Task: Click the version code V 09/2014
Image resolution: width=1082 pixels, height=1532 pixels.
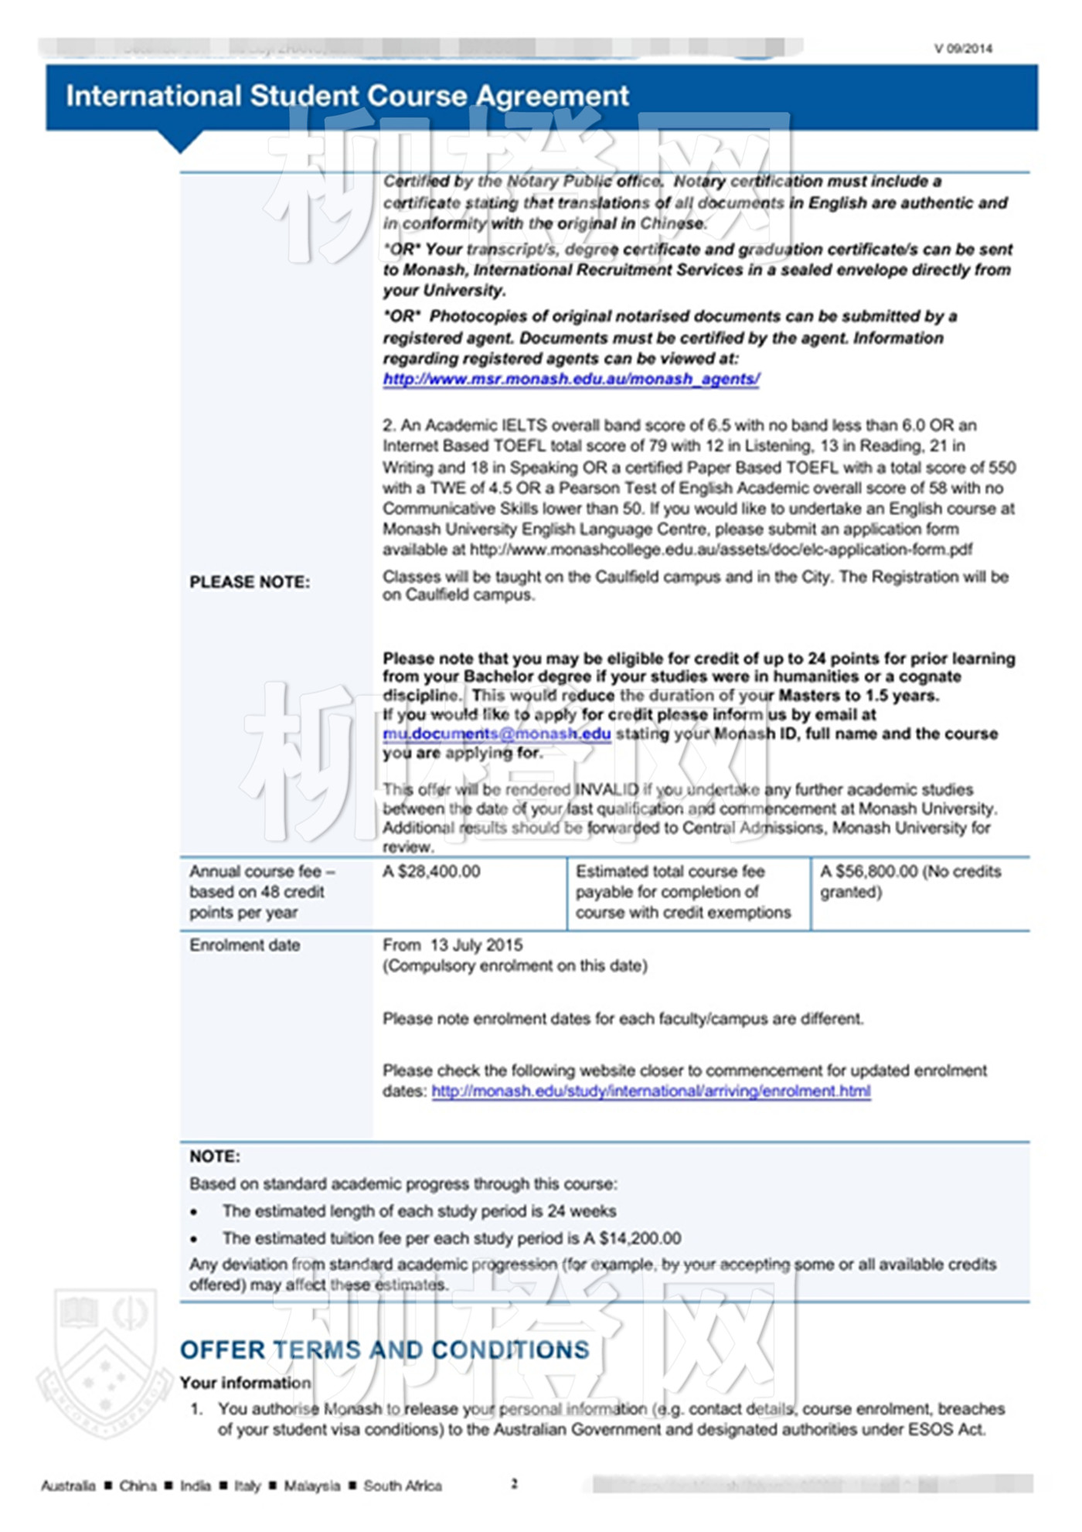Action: (962, 49)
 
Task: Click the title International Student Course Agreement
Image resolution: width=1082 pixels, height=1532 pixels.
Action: (347, 96)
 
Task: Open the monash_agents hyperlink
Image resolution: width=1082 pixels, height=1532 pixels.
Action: (571, 380)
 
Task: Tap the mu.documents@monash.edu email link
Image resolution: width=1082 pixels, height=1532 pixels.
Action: (496, 734)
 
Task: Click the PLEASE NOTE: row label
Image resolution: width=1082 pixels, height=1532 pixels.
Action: (250, 583)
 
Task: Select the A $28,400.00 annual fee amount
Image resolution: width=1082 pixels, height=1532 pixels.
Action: (431, 872)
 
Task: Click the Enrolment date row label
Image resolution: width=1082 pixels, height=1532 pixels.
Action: (244, 945)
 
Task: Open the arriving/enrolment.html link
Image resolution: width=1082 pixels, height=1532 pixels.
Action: (651, 1091)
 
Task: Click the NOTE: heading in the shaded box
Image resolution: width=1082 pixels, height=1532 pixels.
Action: (215, 1157)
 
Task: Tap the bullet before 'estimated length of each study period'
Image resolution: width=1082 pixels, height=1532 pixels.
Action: (194, 1212)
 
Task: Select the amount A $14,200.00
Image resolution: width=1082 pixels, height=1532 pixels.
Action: (632, 1239)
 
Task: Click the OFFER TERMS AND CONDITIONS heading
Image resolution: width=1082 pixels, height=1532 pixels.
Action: (384, 1350)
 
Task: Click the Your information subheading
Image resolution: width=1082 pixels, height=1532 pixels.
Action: (245, 1383)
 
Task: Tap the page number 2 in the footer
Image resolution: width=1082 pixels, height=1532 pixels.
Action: (514, 1483)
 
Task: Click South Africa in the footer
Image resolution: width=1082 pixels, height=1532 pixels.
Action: (402, 1486)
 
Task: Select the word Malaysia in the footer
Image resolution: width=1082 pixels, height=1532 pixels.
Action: (311, 1486)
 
